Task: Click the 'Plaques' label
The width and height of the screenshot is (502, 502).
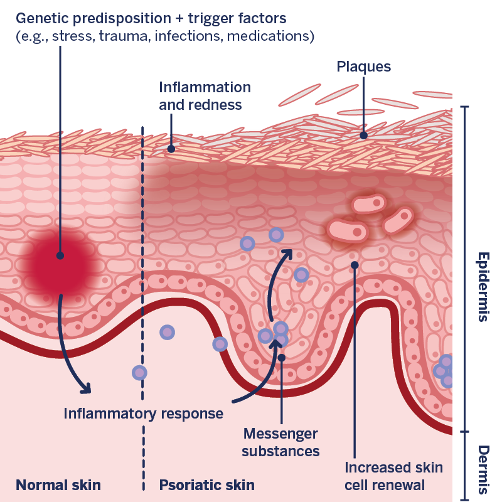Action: (x=363, y=66)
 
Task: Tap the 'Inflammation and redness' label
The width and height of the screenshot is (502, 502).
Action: (x=205, y=96)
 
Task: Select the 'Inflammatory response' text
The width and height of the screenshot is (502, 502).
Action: (x=144, y=414)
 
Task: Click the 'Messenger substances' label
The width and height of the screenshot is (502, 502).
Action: (x=280, y=442)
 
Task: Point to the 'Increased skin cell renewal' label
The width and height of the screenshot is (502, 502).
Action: (x=393, y=476)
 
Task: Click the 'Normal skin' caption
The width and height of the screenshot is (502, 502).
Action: (x=58, y=484)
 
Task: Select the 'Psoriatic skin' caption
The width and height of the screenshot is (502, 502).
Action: (x=206, y=484)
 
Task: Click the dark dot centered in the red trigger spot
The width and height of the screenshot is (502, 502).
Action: (x=60, y=255)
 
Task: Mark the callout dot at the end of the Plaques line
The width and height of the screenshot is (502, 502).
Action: (x=363, y=134)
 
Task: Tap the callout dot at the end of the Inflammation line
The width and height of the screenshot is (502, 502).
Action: (x=171, y=149)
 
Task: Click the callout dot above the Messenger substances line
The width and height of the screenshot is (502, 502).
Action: (x=282, y=358)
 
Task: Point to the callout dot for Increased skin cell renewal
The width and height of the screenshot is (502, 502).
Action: (x=355, y=265)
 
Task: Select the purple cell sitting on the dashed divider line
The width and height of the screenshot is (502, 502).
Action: (x=140, y=373)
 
